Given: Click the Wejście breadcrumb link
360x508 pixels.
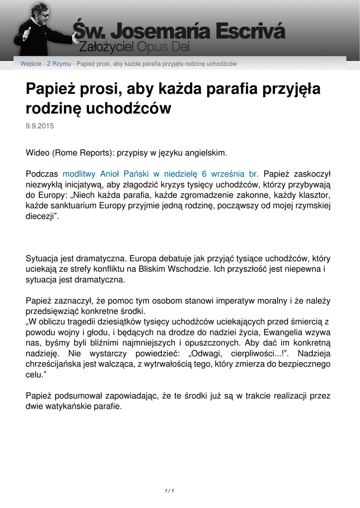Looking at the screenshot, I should tap(31, 64).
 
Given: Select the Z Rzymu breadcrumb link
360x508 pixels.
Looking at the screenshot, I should tap(59, 64).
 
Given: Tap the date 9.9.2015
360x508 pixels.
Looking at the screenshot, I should tap(40, 126).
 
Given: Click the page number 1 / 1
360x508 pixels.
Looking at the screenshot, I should tap(169, 491).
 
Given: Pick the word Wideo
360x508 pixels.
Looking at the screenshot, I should tap(37, 153).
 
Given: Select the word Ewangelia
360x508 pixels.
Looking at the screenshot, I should tap(279, 332).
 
